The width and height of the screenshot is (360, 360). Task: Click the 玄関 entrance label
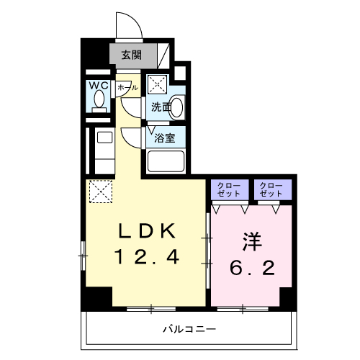131,55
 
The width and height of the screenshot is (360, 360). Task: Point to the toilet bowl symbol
98,102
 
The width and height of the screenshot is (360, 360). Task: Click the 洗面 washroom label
161,108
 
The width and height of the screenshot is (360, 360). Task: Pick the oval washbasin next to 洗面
177,108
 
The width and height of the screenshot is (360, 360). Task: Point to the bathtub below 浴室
166,160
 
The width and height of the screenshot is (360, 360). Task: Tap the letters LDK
147,232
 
